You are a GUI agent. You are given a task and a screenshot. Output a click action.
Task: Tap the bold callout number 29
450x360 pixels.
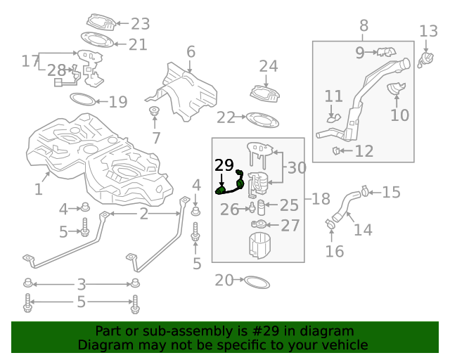[x=224, y=166]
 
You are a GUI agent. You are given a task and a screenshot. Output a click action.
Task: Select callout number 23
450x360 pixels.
[x=140, y=22]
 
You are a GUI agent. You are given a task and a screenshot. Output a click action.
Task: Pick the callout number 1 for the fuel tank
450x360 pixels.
[x=38, y=189]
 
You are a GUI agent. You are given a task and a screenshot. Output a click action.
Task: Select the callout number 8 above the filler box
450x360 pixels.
[x=364, y=27]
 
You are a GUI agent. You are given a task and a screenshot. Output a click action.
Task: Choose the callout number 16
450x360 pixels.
[x=335, y=251]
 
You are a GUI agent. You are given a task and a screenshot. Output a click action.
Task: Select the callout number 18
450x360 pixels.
[x=321, y=199]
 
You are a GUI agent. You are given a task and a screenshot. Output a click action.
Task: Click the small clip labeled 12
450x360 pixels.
[x=337, y=150]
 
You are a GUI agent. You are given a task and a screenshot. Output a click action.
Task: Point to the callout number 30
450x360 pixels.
[x=297, y=168]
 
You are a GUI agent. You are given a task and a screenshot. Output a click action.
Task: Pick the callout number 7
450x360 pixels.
[x=156, y=138]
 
